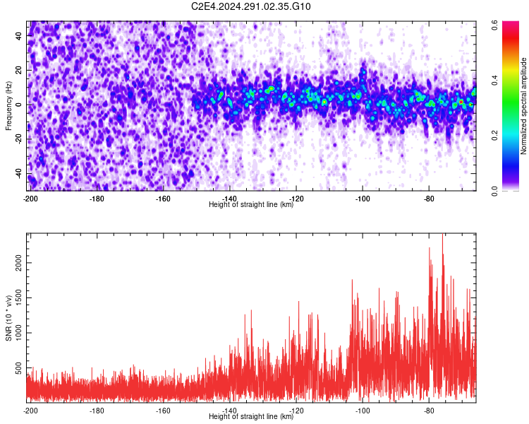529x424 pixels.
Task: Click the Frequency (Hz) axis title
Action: click(8, 106)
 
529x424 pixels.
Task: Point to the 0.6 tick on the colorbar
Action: click(495, 23)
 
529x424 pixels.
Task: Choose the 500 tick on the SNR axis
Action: click(18, 369)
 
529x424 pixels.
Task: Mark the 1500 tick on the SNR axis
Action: click(16, 298)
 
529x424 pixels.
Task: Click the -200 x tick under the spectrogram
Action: click(30, 199)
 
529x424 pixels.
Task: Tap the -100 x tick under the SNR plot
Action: click(363, 411)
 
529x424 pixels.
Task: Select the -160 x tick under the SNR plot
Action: click(163, 411)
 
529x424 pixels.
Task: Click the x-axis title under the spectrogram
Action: click(251, 205)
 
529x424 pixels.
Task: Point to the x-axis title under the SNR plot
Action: click(251, 417)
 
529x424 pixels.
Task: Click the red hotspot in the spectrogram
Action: click(461, 102)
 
